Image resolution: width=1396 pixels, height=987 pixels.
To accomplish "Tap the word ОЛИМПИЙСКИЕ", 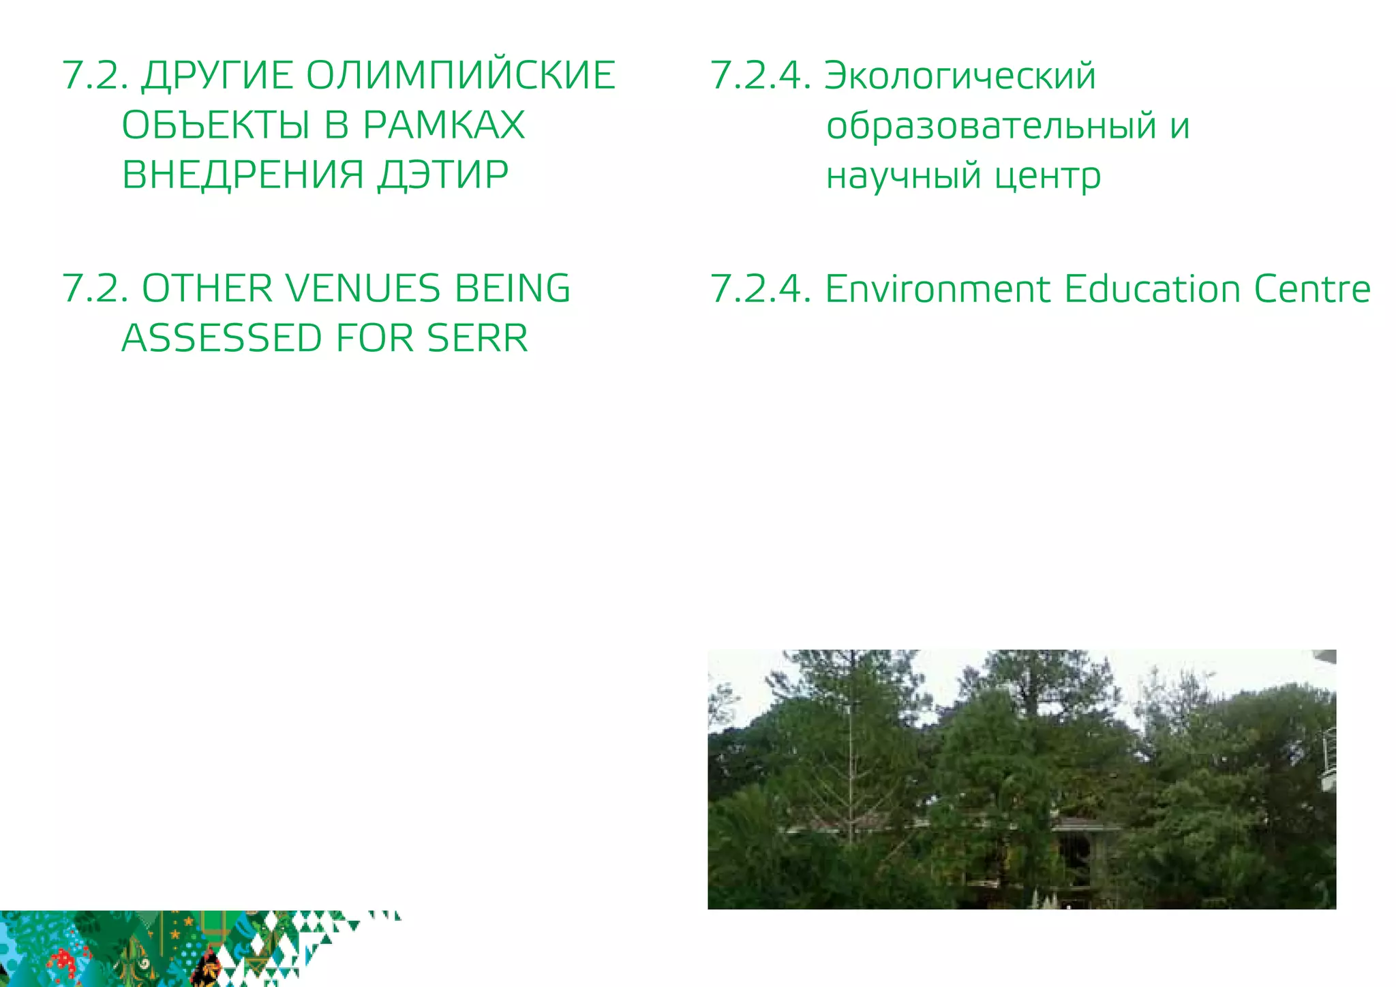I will coord(460,76).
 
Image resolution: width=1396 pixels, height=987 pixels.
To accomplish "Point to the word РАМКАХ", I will coord(444,125).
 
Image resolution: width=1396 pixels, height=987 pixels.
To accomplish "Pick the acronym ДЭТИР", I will coord(443,175).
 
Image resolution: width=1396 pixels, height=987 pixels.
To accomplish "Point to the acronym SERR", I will coord(477,338).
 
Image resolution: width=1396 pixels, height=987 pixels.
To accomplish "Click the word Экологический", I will coord(960,76).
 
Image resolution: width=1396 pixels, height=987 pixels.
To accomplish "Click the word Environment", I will coord(938,289).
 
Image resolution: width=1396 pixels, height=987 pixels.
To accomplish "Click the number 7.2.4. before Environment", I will coord(761,289).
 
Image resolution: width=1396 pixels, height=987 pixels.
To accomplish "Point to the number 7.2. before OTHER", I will coord(95,288).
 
